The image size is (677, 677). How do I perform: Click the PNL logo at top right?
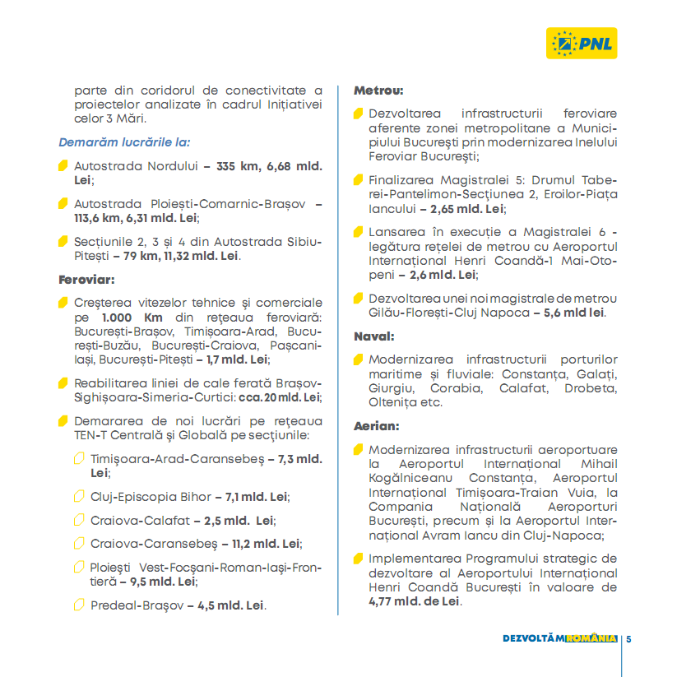click(x=582, y=42)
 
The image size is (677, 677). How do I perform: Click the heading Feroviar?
click(x=86, y=279)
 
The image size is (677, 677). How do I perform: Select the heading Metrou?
click(x=378, y=90)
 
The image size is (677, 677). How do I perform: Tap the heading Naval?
click(x=374, y=336)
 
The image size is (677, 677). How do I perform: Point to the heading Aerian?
click(x=377, y=426)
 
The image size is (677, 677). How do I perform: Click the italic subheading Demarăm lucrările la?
click(x=124, y=141)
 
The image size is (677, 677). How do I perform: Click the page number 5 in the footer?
click(x=628, y=638)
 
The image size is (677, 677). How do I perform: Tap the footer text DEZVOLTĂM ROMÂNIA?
click(x=559, y=638)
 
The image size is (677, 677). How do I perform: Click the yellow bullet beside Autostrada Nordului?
click(x=63, y=165)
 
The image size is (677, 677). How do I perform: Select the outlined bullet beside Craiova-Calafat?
click(x=79, y=520)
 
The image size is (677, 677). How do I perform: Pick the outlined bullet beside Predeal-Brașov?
click(x=79, y=605)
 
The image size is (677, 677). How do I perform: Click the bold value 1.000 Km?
click(x=126, y=318)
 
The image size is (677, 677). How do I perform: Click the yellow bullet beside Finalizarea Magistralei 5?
click(x=358, y=179)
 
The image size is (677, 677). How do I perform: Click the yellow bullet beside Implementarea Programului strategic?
click(x=358, y=559)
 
